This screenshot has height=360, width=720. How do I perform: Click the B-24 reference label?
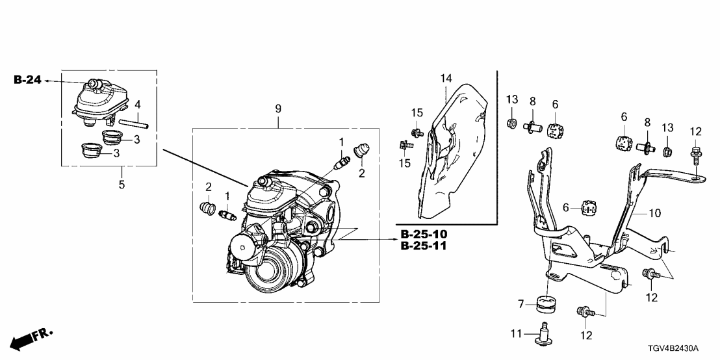pyautogui.click(x=27, y=81)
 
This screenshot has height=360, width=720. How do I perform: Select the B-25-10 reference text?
pyautogui.click(x=424, y=233)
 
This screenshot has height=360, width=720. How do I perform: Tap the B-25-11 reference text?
pyautogui.click(x=424, y=246)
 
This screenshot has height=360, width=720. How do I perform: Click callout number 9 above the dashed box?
pyautogui.click(x=278, y=109)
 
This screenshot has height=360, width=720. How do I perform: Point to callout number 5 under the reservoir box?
pyautogui.click(x=122, y=185)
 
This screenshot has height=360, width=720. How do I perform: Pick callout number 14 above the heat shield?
pyautogui.click(x=446, y=79)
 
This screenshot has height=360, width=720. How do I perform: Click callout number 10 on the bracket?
pyautogui.click(x=654, y=214)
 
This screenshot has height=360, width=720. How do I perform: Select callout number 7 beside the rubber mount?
pyautogui.click(x=521, y=304)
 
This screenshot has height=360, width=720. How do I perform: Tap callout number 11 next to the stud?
pyautogui.click(x=517, y=334)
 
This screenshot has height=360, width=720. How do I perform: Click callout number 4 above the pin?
pyautogui.click(x=137, y=105)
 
